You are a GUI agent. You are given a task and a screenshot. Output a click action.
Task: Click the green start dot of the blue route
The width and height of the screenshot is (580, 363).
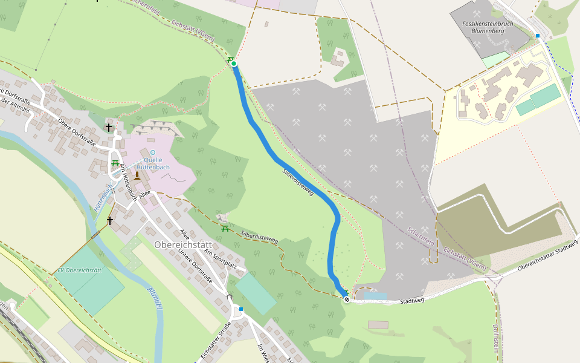(234, 64)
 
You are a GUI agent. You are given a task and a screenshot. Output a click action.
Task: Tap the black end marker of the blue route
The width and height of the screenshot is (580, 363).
(347, 299)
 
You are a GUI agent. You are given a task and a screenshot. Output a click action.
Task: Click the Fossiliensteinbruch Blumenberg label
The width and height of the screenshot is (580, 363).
(487, 28)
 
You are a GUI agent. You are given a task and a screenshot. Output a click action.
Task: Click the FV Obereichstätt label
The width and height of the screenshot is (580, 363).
(79, 270)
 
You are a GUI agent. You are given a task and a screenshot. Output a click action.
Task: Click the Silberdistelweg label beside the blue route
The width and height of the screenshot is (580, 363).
(298, 181)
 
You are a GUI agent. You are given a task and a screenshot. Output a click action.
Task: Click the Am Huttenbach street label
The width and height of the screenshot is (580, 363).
(127, 181)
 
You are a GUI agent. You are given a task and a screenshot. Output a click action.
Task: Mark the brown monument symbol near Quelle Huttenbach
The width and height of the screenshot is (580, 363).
(137, 175)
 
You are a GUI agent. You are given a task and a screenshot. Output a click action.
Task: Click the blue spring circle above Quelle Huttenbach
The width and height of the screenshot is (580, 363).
(152, 152)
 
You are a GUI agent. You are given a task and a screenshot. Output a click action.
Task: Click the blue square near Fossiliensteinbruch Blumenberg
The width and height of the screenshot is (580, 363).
(538, 36)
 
